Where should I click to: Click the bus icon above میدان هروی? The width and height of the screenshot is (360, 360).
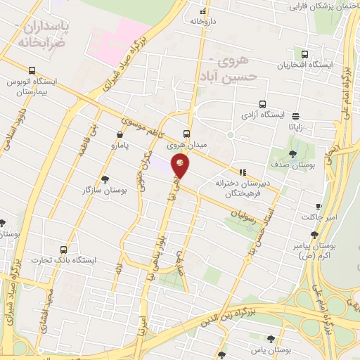[186, 134]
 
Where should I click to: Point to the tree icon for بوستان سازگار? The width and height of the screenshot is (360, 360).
[105, 179]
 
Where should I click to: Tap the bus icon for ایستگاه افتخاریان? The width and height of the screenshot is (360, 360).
[304, 53]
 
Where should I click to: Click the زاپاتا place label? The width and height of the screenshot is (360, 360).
[295, 128]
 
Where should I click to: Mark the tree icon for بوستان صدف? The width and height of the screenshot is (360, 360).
[292, 154]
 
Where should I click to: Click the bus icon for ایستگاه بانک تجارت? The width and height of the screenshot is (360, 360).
[65, 249]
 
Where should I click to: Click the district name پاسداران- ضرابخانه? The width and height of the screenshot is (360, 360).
[48, 33]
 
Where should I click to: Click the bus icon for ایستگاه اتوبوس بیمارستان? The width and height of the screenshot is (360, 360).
[32, 70]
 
